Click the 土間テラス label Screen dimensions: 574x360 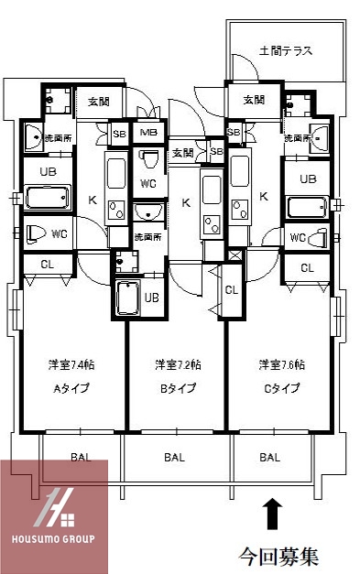[285, 51]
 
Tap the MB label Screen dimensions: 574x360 [147, 133]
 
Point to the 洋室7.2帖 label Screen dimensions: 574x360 [178, 364]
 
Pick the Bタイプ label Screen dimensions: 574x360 [178, 388]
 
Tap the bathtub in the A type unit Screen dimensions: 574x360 [46, 198]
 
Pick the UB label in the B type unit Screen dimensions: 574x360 [151, 298]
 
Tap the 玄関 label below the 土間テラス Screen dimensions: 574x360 [254, 100]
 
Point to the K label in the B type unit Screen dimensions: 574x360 [186, 202]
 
